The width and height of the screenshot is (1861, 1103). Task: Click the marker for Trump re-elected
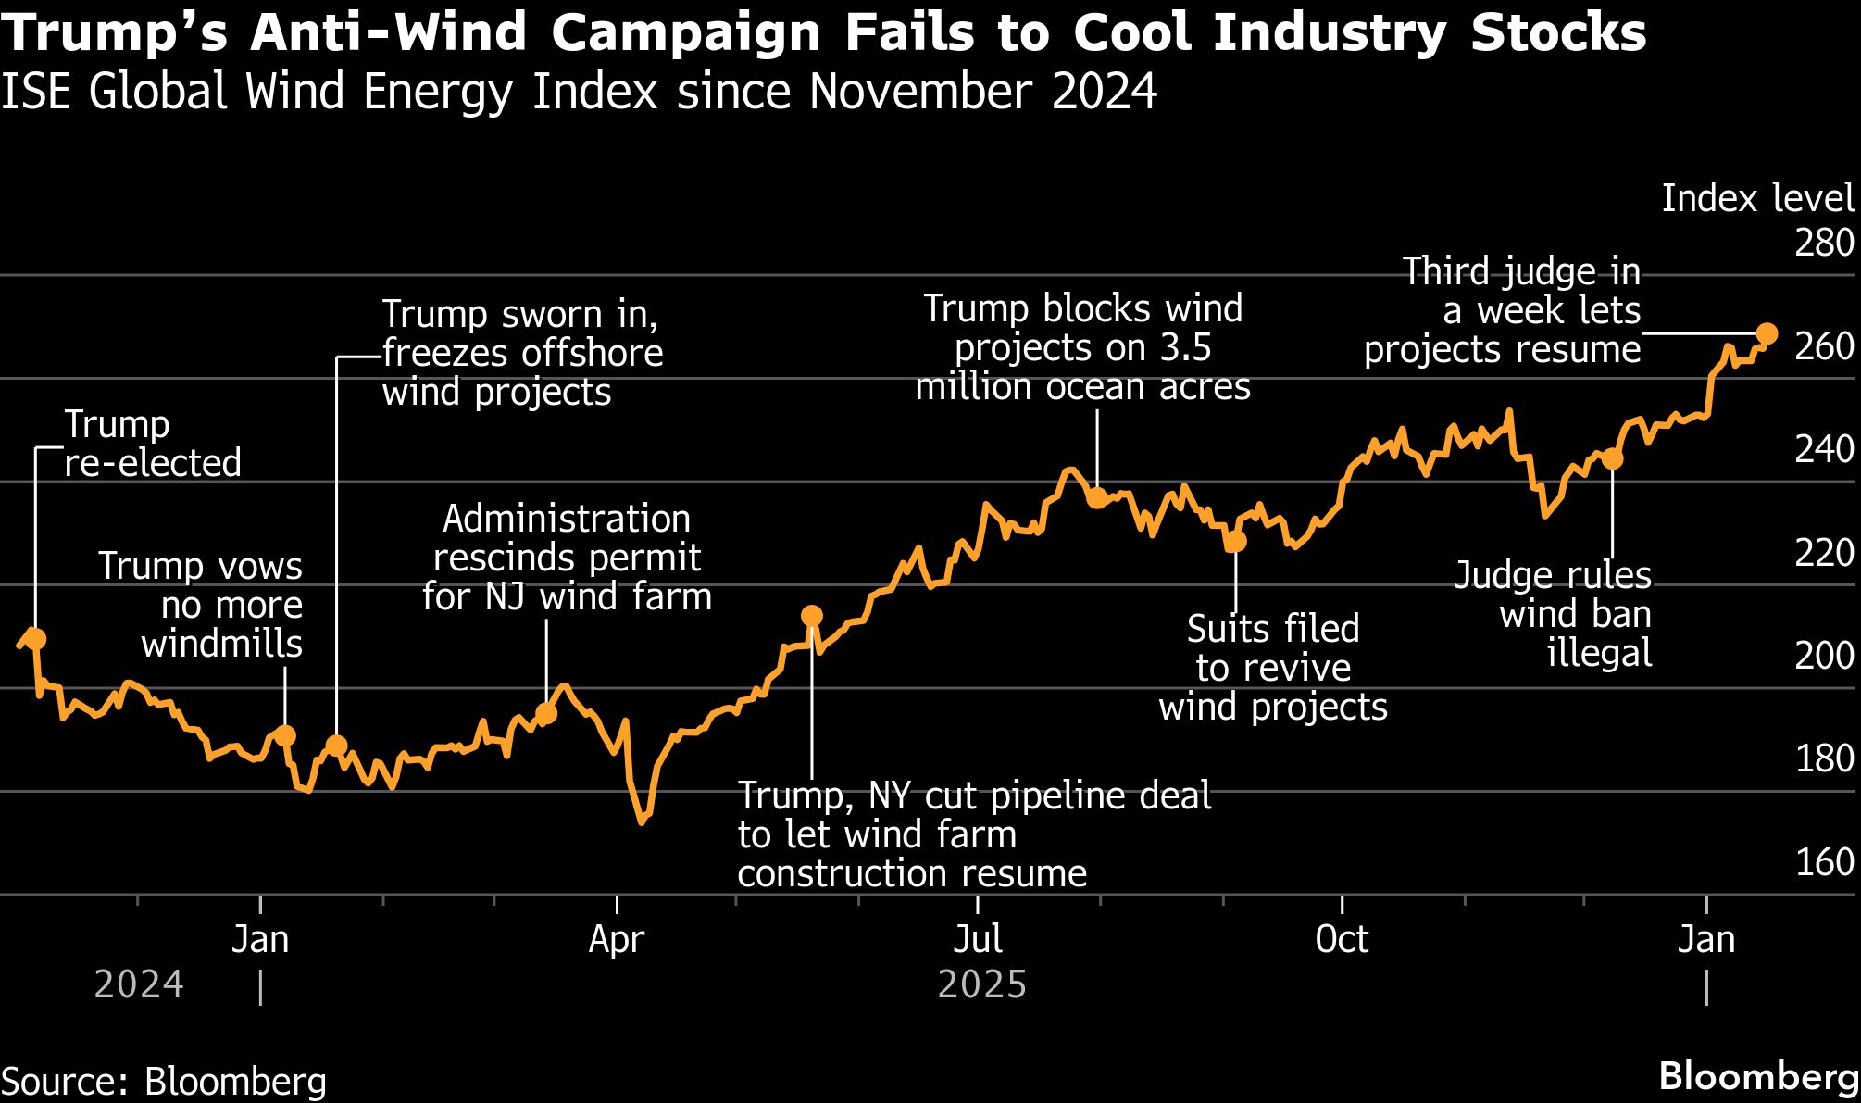coord(35,638)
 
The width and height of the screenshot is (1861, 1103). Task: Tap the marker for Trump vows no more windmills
coord(285,735)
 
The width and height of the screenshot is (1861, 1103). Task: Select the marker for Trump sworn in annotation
coord(336,746)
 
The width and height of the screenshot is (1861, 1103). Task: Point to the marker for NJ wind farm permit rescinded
coord(546,713)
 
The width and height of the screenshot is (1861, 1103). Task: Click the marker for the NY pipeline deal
coord(811,616)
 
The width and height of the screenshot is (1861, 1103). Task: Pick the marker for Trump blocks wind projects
coord(1096,498)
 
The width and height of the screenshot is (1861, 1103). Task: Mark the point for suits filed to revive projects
coord(1235,542)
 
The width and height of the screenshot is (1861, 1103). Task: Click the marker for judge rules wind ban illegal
coord(1612,458)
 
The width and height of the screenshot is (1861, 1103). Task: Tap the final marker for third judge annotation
coord(1766,333)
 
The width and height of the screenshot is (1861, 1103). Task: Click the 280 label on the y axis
coord(1824,244)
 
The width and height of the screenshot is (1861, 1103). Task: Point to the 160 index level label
coord(1824,862)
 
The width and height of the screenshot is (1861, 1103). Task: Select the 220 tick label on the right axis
coord(1824,553)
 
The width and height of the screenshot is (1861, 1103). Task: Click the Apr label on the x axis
coord(617,940)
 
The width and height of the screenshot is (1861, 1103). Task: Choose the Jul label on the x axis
coord(978,940)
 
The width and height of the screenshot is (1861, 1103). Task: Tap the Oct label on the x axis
coord(1342,940)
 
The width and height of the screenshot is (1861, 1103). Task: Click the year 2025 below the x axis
coord(981,984)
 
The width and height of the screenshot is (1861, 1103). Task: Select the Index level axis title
coord(1757,199)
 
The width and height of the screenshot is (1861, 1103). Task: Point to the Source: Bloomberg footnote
coord(165,1082)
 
